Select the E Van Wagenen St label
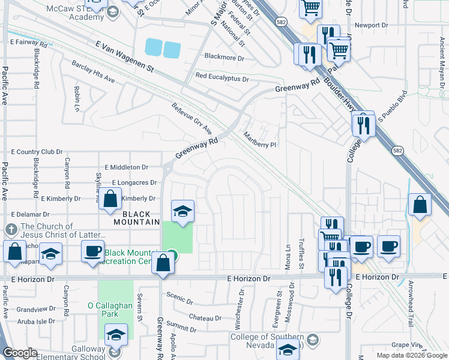[x=125, y=56]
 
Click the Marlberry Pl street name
[x=259, y=141]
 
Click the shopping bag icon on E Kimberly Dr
[x=110, y=200]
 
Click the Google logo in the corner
[x=20, y=353]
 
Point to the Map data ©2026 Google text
[x=412, y=355]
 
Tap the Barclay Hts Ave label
[x=93, y=71]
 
